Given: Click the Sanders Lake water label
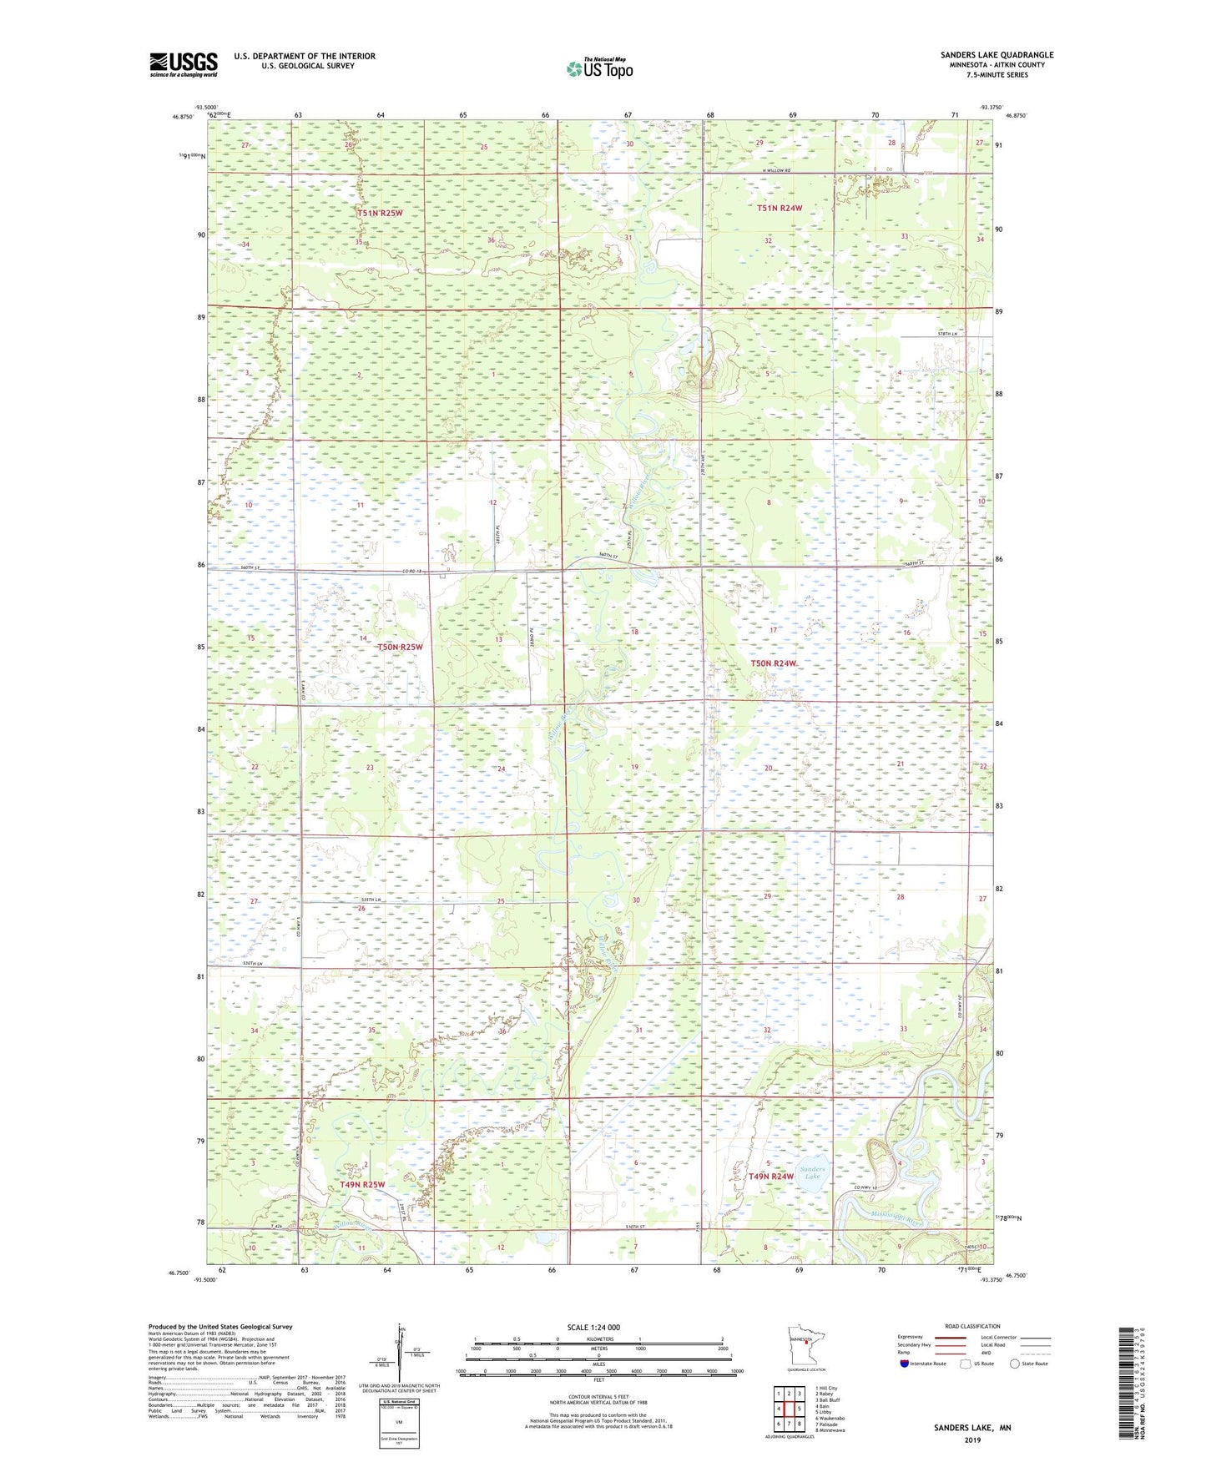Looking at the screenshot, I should [812, 1172].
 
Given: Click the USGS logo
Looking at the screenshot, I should [184, 64].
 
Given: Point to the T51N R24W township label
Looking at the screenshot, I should [779, 209].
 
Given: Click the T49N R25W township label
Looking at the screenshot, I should [362, 1185].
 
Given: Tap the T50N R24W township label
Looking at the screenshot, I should [773, 663].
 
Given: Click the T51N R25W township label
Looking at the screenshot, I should [380, 213].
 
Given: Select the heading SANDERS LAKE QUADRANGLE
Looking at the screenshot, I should [997, 55].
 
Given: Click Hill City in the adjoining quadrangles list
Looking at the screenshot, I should [826, 1389].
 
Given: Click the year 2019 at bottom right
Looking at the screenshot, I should [972, 1440].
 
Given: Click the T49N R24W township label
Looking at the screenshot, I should [770, 1177].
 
